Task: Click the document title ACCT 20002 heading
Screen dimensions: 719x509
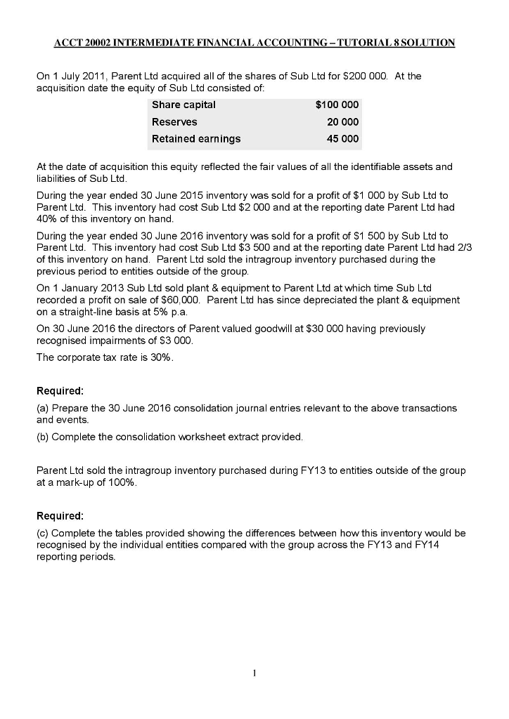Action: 254,44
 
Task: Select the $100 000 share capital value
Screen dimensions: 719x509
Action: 337,105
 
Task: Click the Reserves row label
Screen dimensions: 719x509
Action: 174,122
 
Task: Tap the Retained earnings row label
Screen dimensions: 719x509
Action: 196,139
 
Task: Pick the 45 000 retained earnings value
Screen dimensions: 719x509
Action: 342,139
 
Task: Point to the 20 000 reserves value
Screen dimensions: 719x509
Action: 342,122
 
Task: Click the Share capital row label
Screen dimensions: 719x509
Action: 183,105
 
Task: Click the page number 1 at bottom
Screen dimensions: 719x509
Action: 254,674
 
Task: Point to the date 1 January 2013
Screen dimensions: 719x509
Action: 84,289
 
